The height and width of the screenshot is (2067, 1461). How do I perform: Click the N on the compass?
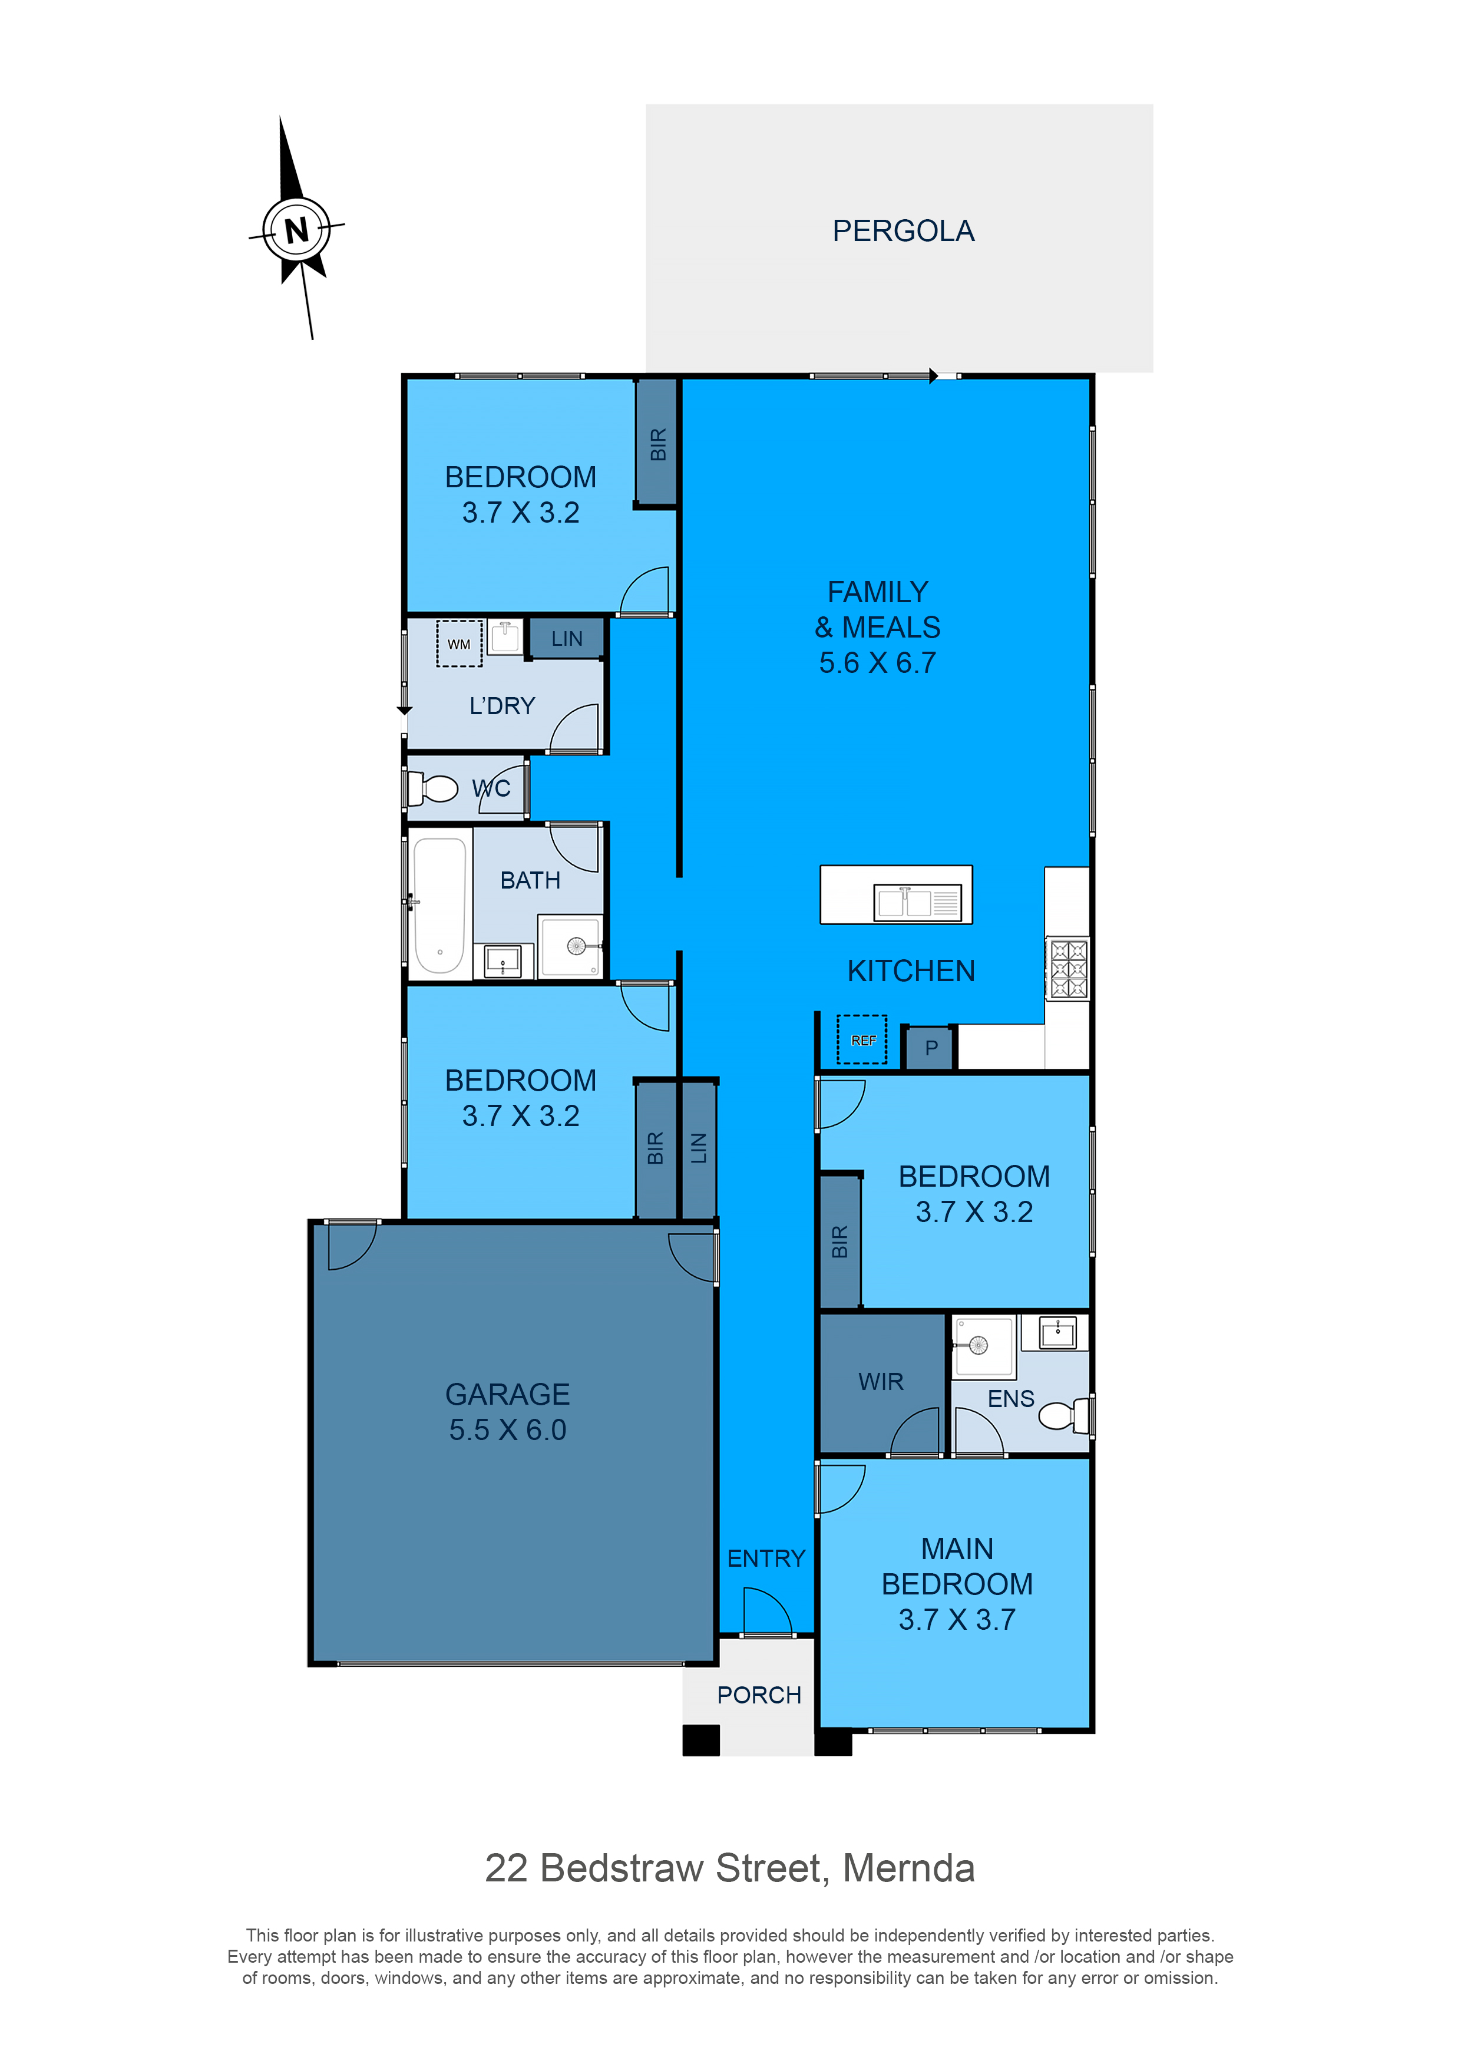pos(296,230)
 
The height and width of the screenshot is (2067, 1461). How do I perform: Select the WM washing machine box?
pos(459,643)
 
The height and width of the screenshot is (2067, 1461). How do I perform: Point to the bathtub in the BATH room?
pos(439,906)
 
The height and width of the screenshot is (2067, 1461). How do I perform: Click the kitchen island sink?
pos(917,902)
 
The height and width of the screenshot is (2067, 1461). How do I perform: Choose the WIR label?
pos(880,1382)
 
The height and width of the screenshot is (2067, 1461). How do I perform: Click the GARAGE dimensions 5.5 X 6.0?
pos(508,1429)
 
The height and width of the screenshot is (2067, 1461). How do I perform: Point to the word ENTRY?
pos(766,1558)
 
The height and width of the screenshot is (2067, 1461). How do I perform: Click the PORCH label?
pos(759,1695)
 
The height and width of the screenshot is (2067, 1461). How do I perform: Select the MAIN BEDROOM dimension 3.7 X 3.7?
pos(957,1620)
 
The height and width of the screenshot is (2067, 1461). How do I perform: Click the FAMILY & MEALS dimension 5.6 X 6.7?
pos(878,663)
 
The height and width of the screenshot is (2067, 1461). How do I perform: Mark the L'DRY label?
pos(503,706)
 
